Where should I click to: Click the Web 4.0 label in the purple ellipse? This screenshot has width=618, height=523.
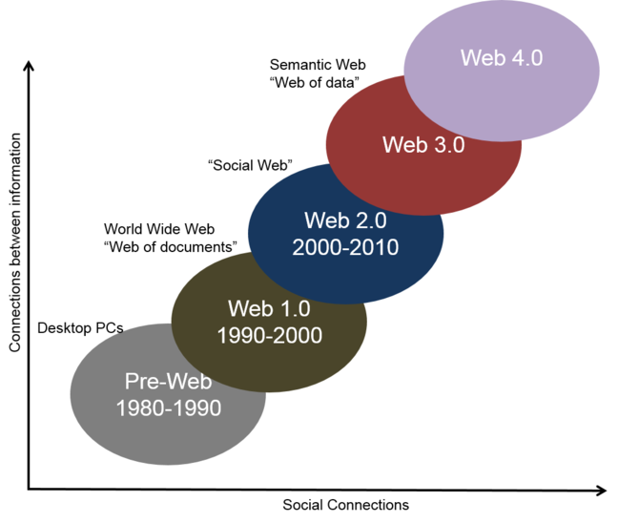coord(502,57)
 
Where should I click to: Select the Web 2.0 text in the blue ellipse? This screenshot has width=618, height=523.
coord(345,220)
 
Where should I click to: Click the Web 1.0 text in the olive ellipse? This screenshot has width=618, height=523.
coord(269,308)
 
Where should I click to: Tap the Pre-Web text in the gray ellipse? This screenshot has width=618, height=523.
coord(168,382)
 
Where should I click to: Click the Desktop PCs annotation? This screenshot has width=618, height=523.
coord(80,328)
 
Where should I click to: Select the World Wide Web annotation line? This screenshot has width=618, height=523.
coord(159,229)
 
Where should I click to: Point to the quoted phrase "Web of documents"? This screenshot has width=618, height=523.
coord(171,247)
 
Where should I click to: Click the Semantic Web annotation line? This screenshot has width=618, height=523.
coord(318,65)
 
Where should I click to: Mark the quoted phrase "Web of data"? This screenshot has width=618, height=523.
coord(315,82)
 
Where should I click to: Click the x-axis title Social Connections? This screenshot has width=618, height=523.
coord(345,505)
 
